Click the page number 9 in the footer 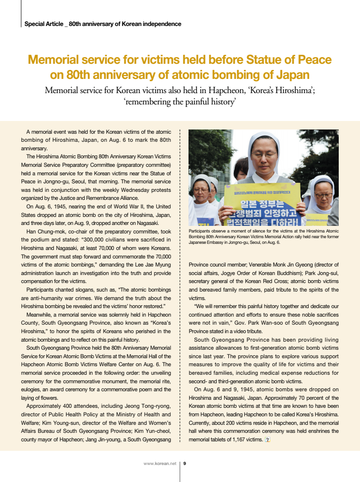point(184,464)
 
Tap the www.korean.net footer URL point(160,464)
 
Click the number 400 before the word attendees point(62,406)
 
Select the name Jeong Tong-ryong point(148,406)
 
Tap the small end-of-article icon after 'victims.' point(267,440)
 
